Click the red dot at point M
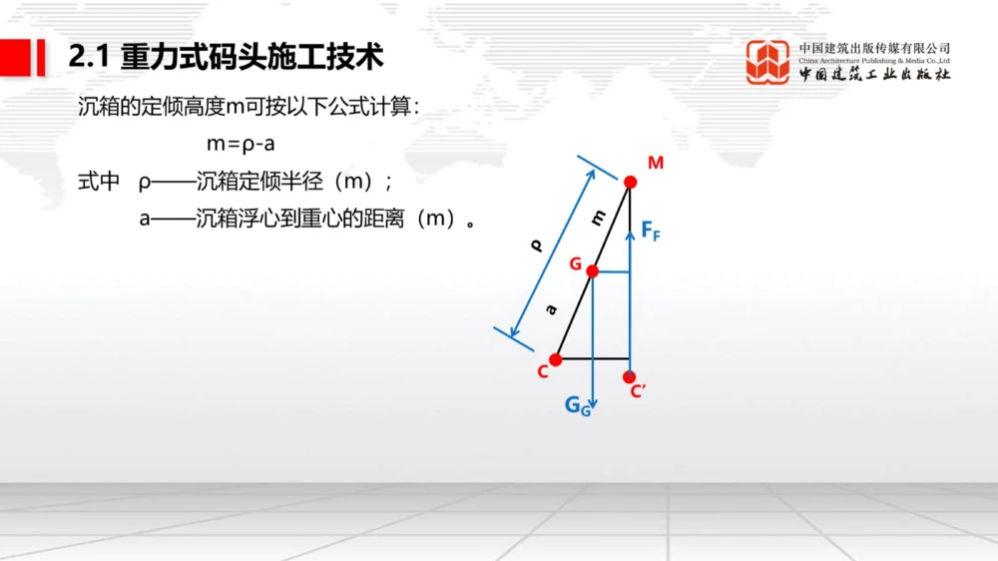coord(630,182)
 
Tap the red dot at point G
coord(592,271)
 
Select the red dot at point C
coord(556,359)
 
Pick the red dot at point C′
coord(629,377)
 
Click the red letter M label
coord(655,163)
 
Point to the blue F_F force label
coord(651,232)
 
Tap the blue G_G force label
coord(578,405)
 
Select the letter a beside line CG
coord(551,310)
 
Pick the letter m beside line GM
coord(598,219)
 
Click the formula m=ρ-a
coord(241,144)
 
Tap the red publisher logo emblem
coord(767,62)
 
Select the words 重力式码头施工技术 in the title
coord(252,57)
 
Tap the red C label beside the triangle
coord(542,372)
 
